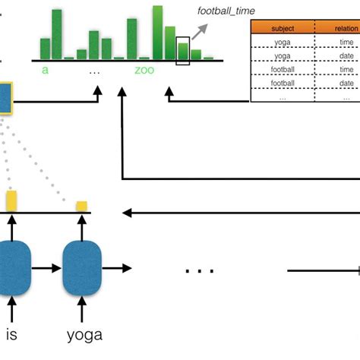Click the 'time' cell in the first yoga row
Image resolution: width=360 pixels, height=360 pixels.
click(x=346, y=42)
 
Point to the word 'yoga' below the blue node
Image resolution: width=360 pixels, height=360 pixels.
click(x=83, y=334)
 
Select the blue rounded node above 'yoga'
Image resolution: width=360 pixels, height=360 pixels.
click(x=83, y=268)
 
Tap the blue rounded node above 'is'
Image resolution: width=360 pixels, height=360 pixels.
click(x=12, y=268)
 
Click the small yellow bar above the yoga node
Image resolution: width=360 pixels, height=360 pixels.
click(x=81, y=206)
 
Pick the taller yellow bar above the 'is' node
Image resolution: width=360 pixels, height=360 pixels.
click(x=11, y=201)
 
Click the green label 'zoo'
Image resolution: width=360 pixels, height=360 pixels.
click(x=144, y=70)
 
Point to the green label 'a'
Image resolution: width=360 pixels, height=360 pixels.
click(x=46, y=70)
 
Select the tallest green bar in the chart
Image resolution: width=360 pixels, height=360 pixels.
click(x=157, y=32)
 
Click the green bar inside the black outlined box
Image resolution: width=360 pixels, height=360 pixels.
click(x=182, y=51)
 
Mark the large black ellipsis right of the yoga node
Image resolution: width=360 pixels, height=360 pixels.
click(x=199, y=270)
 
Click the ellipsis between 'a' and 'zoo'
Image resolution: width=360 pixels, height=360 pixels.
click(x=94, y=71)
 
